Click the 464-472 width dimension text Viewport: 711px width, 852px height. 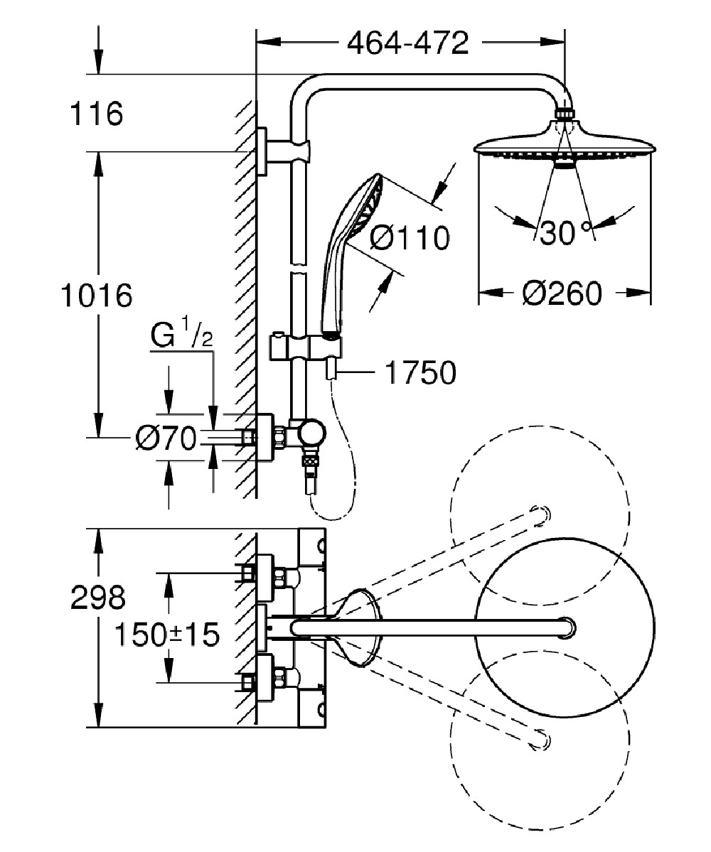(407, 44)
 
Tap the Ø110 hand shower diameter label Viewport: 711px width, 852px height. (410, 238)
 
